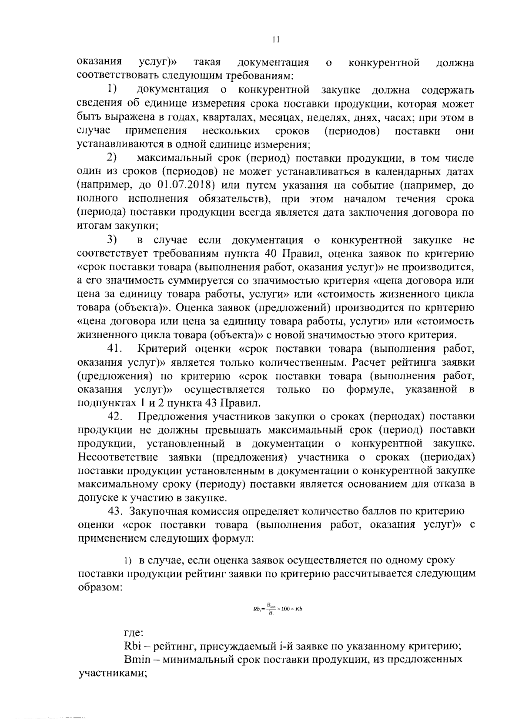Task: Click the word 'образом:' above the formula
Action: click(100, 587)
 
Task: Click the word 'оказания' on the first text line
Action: click(99, 63)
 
